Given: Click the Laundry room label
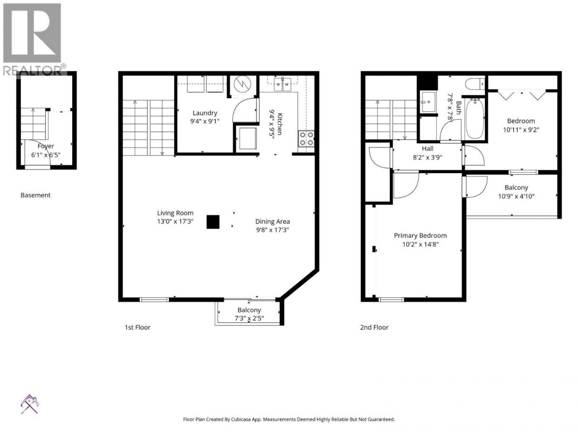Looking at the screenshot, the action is tap(205, 113).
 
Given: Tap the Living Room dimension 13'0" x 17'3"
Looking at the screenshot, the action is tap(175, 221).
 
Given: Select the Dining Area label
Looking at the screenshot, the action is tap(272, 222).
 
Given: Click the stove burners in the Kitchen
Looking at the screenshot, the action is tap(306, 139).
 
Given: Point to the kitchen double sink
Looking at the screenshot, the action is tap(282, 84).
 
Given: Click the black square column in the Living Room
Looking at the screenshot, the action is tap(213, 222).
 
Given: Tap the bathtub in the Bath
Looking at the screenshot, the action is tap(475, 118).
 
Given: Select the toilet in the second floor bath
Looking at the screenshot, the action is tap(475, 84).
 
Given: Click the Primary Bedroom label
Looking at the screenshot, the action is tap(420, 236).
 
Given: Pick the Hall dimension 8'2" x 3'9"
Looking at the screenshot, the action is tap(427, 158).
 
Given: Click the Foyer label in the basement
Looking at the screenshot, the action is tap(46, 146).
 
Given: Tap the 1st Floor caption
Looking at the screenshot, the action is tap(137, 327).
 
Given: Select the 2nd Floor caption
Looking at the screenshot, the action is tap(374, 327).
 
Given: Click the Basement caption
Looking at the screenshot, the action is tap(36, 195).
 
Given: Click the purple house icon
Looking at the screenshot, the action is tap(30, 404).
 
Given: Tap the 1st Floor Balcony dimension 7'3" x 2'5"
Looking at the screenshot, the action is tap(249, 318).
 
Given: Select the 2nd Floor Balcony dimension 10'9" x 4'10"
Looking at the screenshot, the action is tap(516, 197).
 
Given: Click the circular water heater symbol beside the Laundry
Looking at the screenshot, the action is tap(242, 84).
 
